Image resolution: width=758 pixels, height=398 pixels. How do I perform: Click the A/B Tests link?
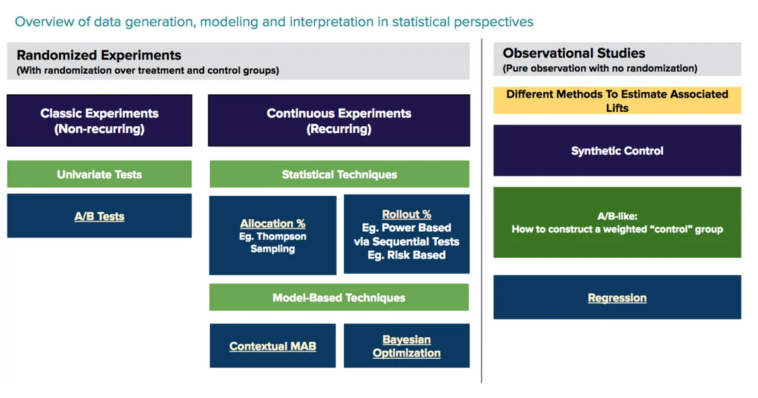tap(99, 217)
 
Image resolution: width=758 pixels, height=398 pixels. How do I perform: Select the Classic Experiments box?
tap(99, 121)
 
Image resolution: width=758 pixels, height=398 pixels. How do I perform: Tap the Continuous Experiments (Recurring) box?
tap(339, 121)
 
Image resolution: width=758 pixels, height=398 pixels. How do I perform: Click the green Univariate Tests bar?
tap(99, 174)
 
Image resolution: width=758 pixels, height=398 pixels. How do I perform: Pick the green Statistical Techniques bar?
tap(339, 174)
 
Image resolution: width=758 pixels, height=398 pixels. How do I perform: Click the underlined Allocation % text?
tap(272, 224)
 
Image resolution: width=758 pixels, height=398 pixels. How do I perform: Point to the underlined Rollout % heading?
tap(406, 214)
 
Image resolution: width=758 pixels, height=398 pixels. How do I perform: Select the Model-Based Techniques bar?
tap(339, 298)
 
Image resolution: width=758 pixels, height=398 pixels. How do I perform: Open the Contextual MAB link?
tap(272, 346)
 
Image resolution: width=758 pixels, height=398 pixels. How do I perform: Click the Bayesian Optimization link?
tap(406, 346)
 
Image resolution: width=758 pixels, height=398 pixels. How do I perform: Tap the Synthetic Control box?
tap(617, 151)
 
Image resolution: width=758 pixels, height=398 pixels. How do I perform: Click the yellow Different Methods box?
tap(617, 100)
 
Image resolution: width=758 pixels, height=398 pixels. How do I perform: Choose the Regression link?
tap(617, 298)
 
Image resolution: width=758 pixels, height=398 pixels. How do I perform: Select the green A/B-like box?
tap(617, 222)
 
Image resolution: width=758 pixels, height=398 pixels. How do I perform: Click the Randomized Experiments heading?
tap(99, 56)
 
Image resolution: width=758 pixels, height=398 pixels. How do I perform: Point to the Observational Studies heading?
tap(574, 54)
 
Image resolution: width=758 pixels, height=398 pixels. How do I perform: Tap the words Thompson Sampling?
tap(272, 243)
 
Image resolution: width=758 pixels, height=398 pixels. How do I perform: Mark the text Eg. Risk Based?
tap(406, 255)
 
